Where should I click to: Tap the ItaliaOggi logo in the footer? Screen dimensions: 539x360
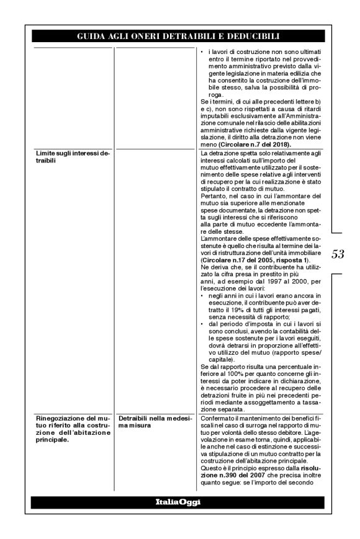click(x=180, y=501)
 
